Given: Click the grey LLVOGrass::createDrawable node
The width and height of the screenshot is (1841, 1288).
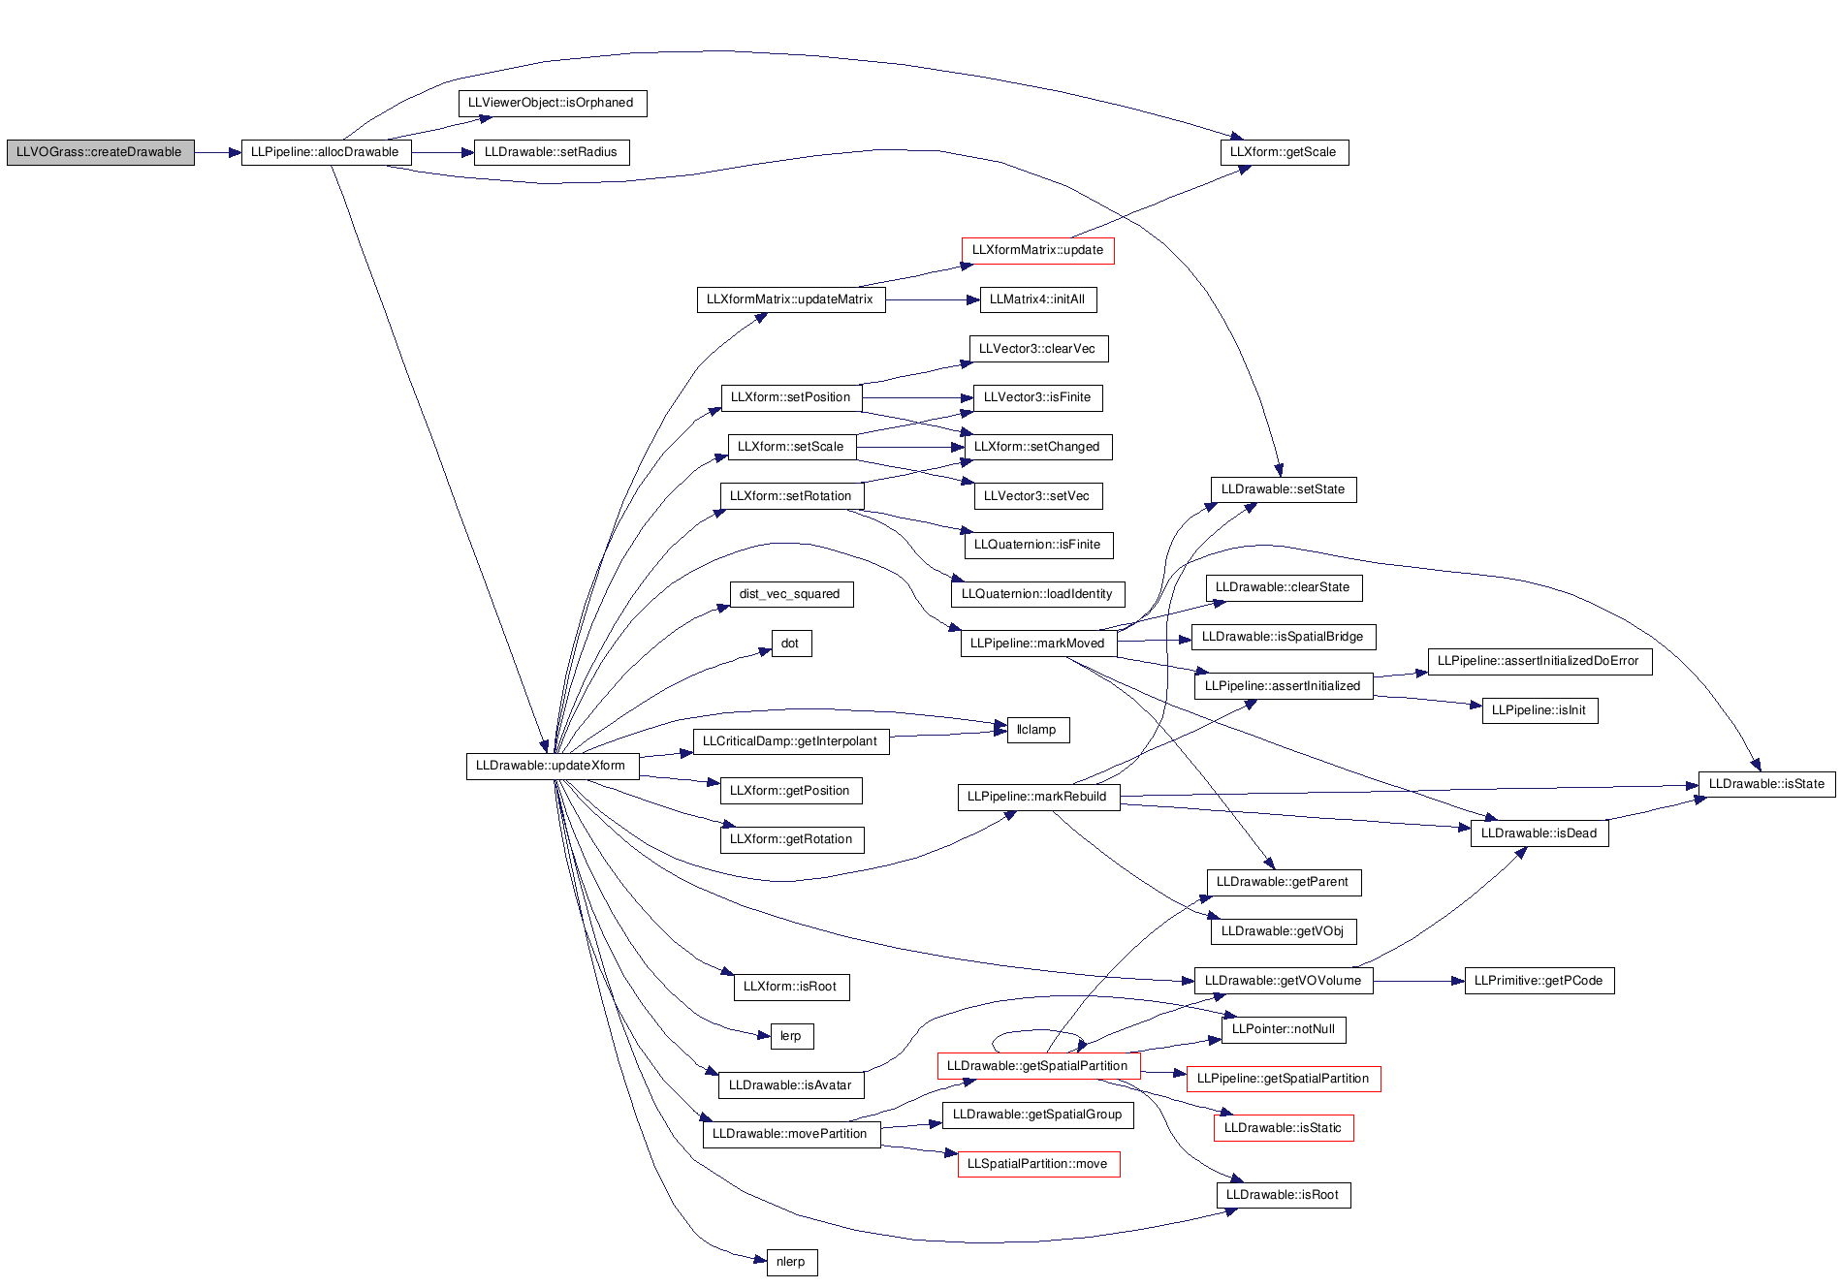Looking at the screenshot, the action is point(100,152).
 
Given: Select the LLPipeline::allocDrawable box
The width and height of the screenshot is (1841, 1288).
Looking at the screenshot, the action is point(326,152).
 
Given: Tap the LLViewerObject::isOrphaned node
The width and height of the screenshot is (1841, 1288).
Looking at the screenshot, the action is point(552,103).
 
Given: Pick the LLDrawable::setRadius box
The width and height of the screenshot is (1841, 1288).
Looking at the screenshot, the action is point(552,152).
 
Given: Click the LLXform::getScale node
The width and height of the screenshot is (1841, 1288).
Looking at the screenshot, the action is point(1284,152).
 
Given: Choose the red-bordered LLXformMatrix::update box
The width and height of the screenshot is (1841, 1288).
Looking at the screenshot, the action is point(1038,250).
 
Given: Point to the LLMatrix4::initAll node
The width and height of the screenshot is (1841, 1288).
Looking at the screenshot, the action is point(1038,299).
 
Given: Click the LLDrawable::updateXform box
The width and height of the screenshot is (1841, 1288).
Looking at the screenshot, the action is point(552,766).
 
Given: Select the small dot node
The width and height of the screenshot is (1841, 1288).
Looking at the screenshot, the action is point(791,644).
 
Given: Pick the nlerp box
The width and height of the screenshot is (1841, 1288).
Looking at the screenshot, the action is point(791,1262).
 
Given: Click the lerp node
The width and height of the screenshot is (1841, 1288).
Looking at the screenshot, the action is point(791,1036).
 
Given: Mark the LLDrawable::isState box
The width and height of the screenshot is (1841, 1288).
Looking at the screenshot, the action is point(1766,784).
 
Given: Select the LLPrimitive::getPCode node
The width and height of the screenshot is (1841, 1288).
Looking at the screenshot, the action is point(1539,981).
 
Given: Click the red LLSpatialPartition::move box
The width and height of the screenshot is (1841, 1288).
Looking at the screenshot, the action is point(1038,1164).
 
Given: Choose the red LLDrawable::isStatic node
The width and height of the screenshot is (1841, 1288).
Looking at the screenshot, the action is point(1284,1128).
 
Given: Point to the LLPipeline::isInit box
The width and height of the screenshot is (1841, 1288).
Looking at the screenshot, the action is point(1539,710).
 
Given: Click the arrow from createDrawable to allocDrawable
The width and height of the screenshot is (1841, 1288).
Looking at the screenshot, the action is point(218,152).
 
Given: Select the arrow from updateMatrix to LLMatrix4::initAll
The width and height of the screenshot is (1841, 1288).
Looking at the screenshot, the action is point(933,300).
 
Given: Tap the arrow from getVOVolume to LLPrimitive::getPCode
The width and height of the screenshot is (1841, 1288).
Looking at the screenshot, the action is point(1418,981).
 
